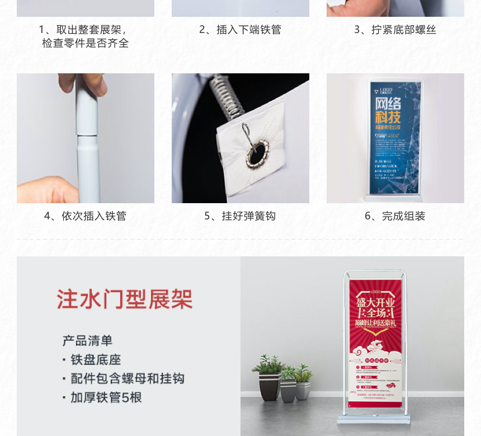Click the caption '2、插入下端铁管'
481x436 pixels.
pyautogui.click(x=240, y=30)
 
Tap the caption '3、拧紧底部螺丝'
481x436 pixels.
pyautogui.click(x=395, y=30)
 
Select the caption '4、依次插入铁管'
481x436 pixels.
pyautogui.click(x=85, y=216)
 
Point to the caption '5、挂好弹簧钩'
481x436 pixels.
pyautogui.click(x=240, y=216)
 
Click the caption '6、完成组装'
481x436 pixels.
pyautogui.click(x=395, y=216)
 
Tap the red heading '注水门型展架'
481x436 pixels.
pyautogui.click(x=124, y=299)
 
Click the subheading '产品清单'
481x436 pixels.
pyautogui.click(x=87, y=340)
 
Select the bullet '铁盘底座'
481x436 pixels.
pyautogui.click(x=96, y=360)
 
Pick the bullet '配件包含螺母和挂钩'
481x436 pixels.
pyautogui.click(x=127, y=379)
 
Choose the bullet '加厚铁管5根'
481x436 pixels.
pyautogui.click(x=106, y=398)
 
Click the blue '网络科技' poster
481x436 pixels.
pyautogui.click(x=395, y=137)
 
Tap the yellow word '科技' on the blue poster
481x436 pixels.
pyautogui.click(x=388, y=118)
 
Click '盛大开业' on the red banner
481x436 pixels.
pyautogui.click(x=376, y=302)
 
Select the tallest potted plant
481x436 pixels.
pyautogui.click(x=269, y=375)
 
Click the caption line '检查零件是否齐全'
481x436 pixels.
pyautogui.click(x=85, y=43)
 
